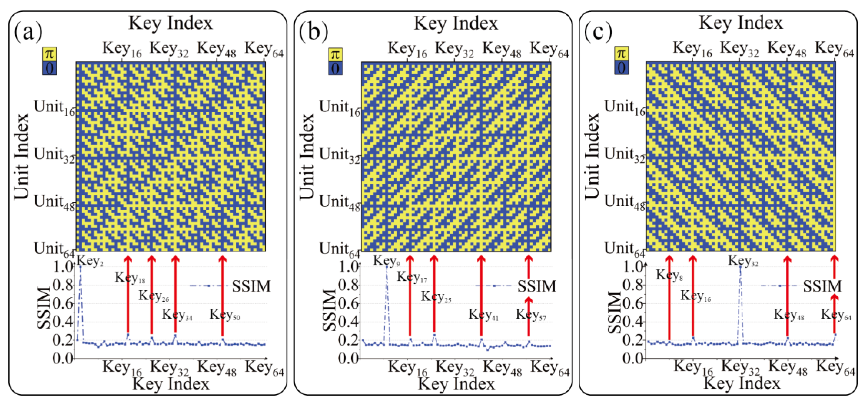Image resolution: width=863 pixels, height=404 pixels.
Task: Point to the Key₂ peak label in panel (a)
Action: coord(90,261)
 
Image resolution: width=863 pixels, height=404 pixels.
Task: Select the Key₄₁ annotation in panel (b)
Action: coord(483,315)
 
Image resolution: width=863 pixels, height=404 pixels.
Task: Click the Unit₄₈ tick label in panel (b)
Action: coord(339,203)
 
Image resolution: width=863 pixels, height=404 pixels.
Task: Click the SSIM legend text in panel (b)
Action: coord(536,286)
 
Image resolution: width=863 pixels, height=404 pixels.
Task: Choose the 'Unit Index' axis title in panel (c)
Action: coord(592,156)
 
